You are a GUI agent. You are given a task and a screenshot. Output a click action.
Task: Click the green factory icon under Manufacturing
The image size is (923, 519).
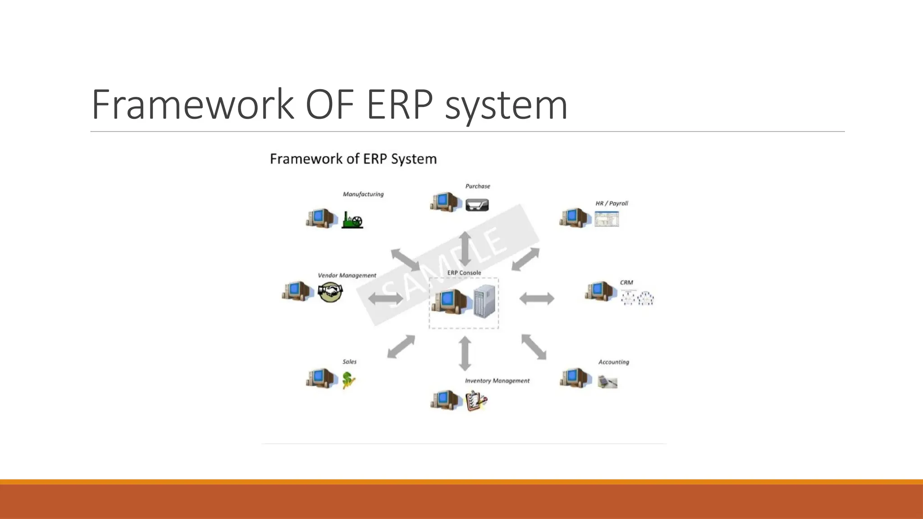(x=352, y=220)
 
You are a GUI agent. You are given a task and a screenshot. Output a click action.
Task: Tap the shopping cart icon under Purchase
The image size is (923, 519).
(x=476, y=205)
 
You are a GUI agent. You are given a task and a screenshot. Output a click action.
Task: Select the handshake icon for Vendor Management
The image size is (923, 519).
(x=330, y=292)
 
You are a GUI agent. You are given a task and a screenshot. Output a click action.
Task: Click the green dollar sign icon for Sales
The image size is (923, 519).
(x=348, y=380)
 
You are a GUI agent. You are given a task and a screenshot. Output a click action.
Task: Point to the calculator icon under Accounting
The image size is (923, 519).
(x=607, y=382)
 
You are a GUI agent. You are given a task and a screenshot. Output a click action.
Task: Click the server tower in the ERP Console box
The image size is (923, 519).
(x=484, y=301)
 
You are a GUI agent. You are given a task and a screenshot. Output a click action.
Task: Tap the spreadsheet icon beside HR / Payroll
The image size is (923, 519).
(x=607, y=219)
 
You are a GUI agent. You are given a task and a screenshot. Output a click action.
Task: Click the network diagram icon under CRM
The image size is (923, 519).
(x=637, y=298)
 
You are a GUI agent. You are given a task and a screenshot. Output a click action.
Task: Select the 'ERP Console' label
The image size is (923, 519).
(x=464, y=273)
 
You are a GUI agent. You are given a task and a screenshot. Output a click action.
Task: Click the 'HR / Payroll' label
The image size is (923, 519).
(x=612, y=203)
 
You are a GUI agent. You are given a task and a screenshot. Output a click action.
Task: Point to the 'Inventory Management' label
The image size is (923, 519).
(x=497, y=381)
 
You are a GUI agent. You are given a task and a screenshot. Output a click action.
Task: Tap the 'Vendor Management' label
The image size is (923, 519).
(x=347, y=275)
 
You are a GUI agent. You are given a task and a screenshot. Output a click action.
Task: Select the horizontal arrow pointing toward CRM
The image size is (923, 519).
(x=536, y=298)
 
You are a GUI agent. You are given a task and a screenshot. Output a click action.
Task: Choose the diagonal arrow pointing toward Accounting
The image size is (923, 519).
(x=534, y=347)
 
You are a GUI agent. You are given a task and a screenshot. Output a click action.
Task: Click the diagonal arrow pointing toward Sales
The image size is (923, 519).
(x=401, y=346)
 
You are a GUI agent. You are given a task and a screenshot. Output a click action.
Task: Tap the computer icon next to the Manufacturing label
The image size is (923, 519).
(x=321, y=218)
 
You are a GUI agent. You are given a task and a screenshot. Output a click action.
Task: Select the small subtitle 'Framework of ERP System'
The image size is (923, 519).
(x=353, y=159)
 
